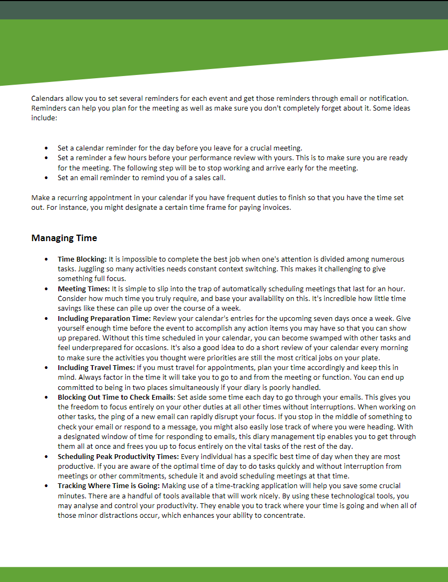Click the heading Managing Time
coord(64,238)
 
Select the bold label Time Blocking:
coord(82,259)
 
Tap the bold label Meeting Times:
coord(84,289)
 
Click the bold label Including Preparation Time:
coord(105,318)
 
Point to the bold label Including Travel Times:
coord(96,368)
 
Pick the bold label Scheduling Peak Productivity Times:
coord(119,456)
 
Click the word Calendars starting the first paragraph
coord(47,99)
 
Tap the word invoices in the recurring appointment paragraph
coord(276,207)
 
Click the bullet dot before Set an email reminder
coord(46,177)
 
